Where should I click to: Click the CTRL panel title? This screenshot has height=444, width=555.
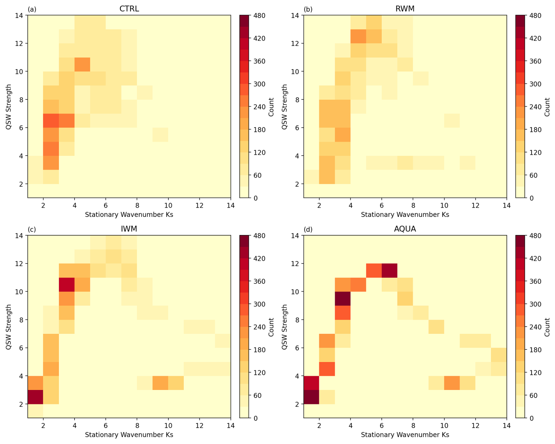[129, 9]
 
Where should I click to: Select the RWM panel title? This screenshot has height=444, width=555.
[405, 9]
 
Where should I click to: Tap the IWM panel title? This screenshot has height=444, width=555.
[129, 229]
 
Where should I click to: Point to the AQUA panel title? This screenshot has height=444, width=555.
[405, 229]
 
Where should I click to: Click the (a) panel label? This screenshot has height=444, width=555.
[32, 9]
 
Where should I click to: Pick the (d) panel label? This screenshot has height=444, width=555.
[308, 229]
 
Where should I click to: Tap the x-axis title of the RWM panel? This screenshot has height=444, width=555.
[405, 215]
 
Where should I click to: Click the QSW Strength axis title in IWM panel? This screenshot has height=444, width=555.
[9, 327]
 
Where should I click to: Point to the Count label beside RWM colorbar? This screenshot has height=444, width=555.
[547, 107]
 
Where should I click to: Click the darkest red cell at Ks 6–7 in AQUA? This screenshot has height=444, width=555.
[389, 270]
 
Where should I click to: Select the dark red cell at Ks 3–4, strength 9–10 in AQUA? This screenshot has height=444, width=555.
[342, 298]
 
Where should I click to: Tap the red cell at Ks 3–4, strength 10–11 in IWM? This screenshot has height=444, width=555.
[67, 284]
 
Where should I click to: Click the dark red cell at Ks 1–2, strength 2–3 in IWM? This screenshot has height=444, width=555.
[35, 397]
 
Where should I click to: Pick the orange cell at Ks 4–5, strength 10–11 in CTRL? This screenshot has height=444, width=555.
[82, 64]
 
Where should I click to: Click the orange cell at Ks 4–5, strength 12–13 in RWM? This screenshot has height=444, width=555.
[358, 36]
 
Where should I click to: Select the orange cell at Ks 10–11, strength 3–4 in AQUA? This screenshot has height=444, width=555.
[452, 383]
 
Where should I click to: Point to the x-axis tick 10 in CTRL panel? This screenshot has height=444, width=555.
[168, 205]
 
